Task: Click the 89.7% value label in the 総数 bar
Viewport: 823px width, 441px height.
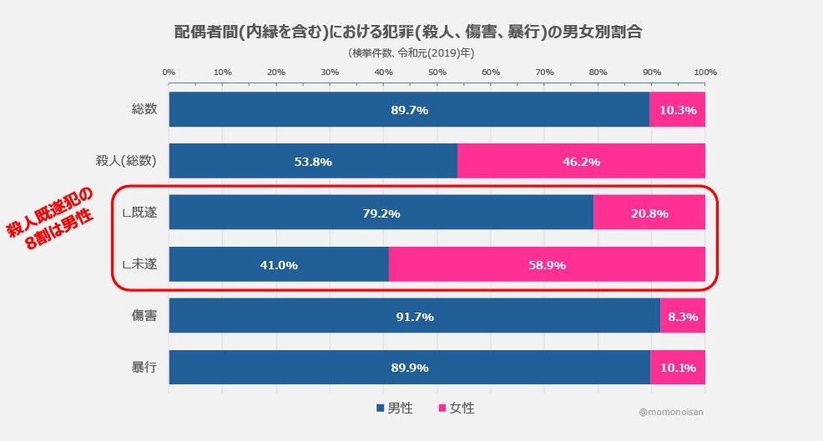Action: [x=409, y=110]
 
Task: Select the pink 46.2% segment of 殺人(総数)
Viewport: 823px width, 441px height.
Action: [x=582, y=162]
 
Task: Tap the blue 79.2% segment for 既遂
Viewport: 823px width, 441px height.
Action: [x=381, y=213]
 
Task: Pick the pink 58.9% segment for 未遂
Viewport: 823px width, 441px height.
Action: [x=547, y=265]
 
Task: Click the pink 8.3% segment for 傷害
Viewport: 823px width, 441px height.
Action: [x=683, y=317]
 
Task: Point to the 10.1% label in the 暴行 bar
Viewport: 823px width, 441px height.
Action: [x=678, y=368]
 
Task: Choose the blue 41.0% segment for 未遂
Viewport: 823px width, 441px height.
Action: [x=279, y=265]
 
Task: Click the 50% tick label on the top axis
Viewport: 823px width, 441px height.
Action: [x=437, y=73]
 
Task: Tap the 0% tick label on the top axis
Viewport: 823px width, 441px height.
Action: [x=169, y=73]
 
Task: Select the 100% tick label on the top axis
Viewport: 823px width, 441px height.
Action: [x=705, y=73]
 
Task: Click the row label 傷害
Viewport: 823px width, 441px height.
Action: [x=144, y=317]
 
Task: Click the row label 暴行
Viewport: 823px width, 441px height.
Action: [x=144, y=368]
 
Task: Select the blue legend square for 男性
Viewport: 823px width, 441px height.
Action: [x=381, y=408]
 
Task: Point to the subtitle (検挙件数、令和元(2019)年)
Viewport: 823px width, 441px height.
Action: [x=411, y=52]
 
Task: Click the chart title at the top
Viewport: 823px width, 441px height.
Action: [x=412, y=32]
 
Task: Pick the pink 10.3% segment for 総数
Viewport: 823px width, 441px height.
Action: [x=678, y=110]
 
